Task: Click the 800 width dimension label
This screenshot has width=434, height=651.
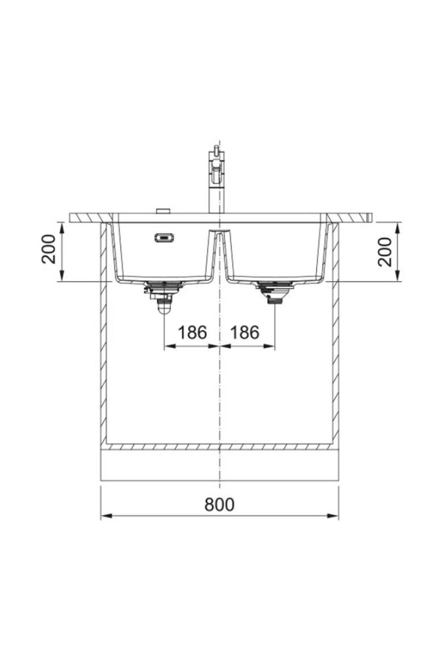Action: (219, 504)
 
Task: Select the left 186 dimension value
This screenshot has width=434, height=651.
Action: (192, 332)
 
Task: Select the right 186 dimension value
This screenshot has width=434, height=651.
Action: (245, 332)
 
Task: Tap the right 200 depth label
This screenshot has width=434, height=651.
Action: (385, 252)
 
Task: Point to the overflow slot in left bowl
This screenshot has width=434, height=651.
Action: (165, 238)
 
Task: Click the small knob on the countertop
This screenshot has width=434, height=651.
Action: (163, 210)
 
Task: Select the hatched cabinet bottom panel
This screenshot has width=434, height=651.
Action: (219, 447)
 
